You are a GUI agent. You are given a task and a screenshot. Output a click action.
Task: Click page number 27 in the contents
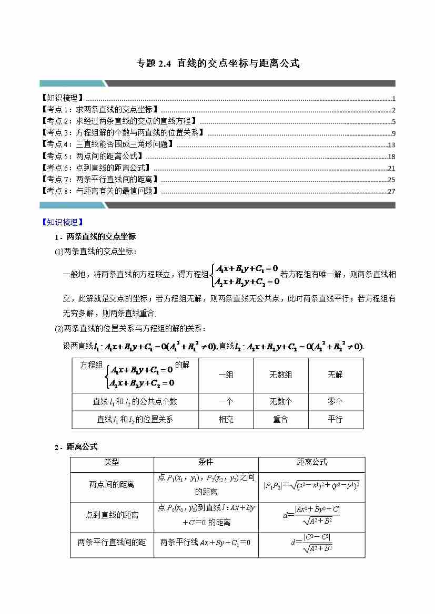pos(391,191)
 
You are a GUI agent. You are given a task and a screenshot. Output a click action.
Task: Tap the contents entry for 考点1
pos(100,110)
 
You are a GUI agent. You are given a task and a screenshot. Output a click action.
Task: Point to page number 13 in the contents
pos(391,145)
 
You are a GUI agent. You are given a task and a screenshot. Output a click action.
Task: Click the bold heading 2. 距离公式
pos(76,447)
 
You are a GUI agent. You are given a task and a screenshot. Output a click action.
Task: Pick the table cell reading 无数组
pos(280,375)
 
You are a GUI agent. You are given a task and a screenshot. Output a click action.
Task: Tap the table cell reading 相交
pos(226,419)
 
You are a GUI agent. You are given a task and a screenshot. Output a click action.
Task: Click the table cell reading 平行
pos(335,419)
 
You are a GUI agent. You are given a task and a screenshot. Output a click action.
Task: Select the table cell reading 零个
pos(335,401)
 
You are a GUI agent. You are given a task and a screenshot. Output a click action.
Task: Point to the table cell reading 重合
pos(280,419)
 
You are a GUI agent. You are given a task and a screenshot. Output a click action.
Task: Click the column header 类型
pos(112,462)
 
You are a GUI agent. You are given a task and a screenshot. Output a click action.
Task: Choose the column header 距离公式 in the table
pos(311,462)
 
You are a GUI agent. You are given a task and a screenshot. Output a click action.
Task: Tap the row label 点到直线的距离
pos(112,515)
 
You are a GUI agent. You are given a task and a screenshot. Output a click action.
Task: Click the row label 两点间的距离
pos(112,485)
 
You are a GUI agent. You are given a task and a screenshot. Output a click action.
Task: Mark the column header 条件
pos(206,462)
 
